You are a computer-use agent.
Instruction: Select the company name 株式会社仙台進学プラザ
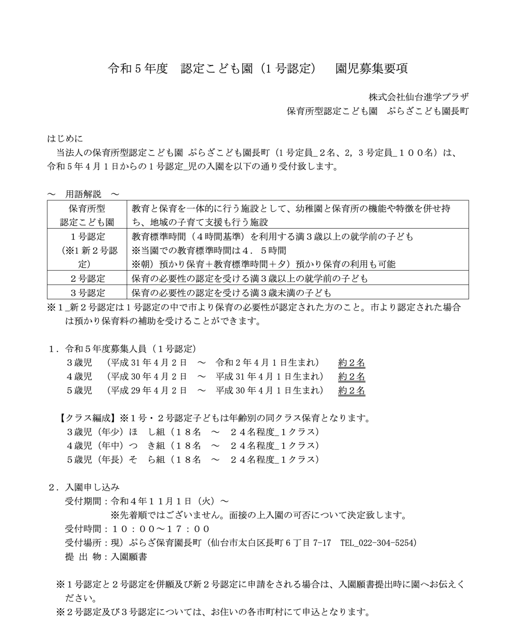418,97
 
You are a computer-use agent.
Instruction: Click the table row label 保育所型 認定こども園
87,215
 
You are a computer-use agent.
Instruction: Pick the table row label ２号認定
87,279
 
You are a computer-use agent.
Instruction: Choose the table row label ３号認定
87,292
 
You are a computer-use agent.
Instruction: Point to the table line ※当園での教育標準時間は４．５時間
209,250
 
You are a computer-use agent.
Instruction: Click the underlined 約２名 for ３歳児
351,363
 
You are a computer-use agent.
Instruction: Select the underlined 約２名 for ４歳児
351,377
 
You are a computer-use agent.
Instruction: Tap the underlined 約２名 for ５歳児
351,391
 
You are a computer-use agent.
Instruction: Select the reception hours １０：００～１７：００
160,529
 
